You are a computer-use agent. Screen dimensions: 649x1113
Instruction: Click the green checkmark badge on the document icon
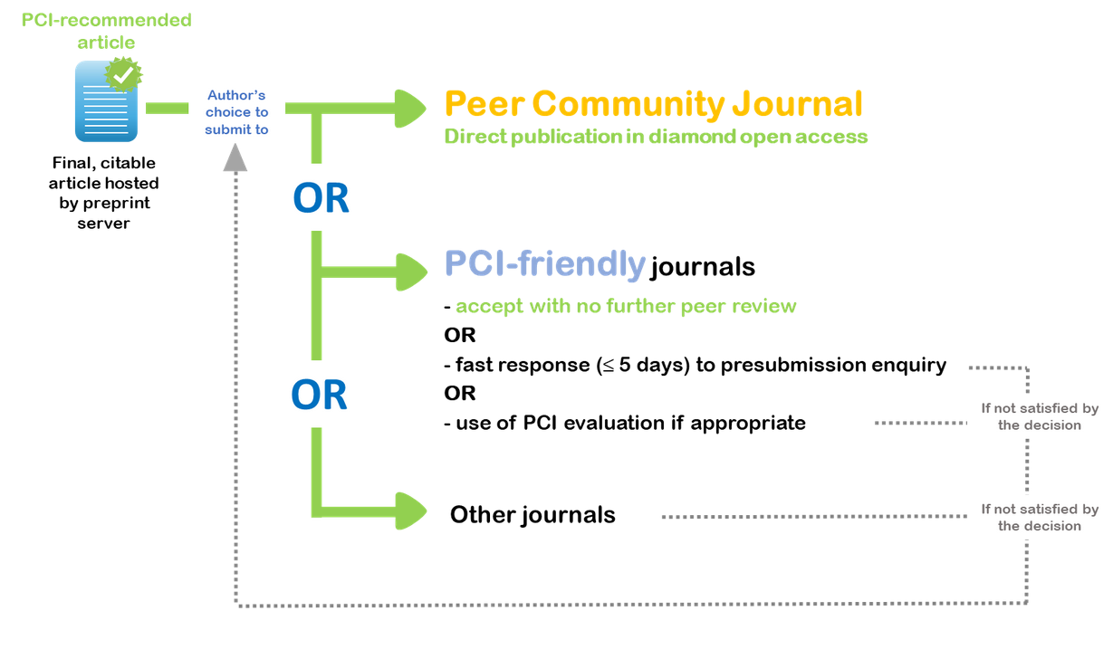click(122, 74)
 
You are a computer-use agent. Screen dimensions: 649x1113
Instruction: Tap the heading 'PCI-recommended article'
click(107, 31)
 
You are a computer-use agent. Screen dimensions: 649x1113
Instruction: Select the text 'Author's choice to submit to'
click(237, 112)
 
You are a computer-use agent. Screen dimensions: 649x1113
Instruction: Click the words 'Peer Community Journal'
click(653, 104)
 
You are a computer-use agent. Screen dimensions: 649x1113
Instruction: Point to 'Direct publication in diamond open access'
click(656, 137)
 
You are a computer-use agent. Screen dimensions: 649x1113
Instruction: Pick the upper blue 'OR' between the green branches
click(321, 198)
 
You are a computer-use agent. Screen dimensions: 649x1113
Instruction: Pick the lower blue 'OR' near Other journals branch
click(319, 395)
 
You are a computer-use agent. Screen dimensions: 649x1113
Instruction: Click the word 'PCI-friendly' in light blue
click(544, 263)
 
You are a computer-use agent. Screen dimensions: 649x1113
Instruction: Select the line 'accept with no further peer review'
click(626, 306)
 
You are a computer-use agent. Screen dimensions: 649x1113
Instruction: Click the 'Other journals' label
click(533, 515)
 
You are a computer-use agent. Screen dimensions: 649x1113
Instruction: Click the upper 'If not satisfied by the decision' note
click(1039, 416)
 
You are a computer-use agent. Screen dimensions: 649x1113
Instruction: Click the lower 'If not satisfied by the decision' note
click(1039, 518)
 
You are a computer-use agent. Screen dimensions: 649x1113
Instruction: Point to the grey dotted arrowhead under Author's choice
click(235, 159)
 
